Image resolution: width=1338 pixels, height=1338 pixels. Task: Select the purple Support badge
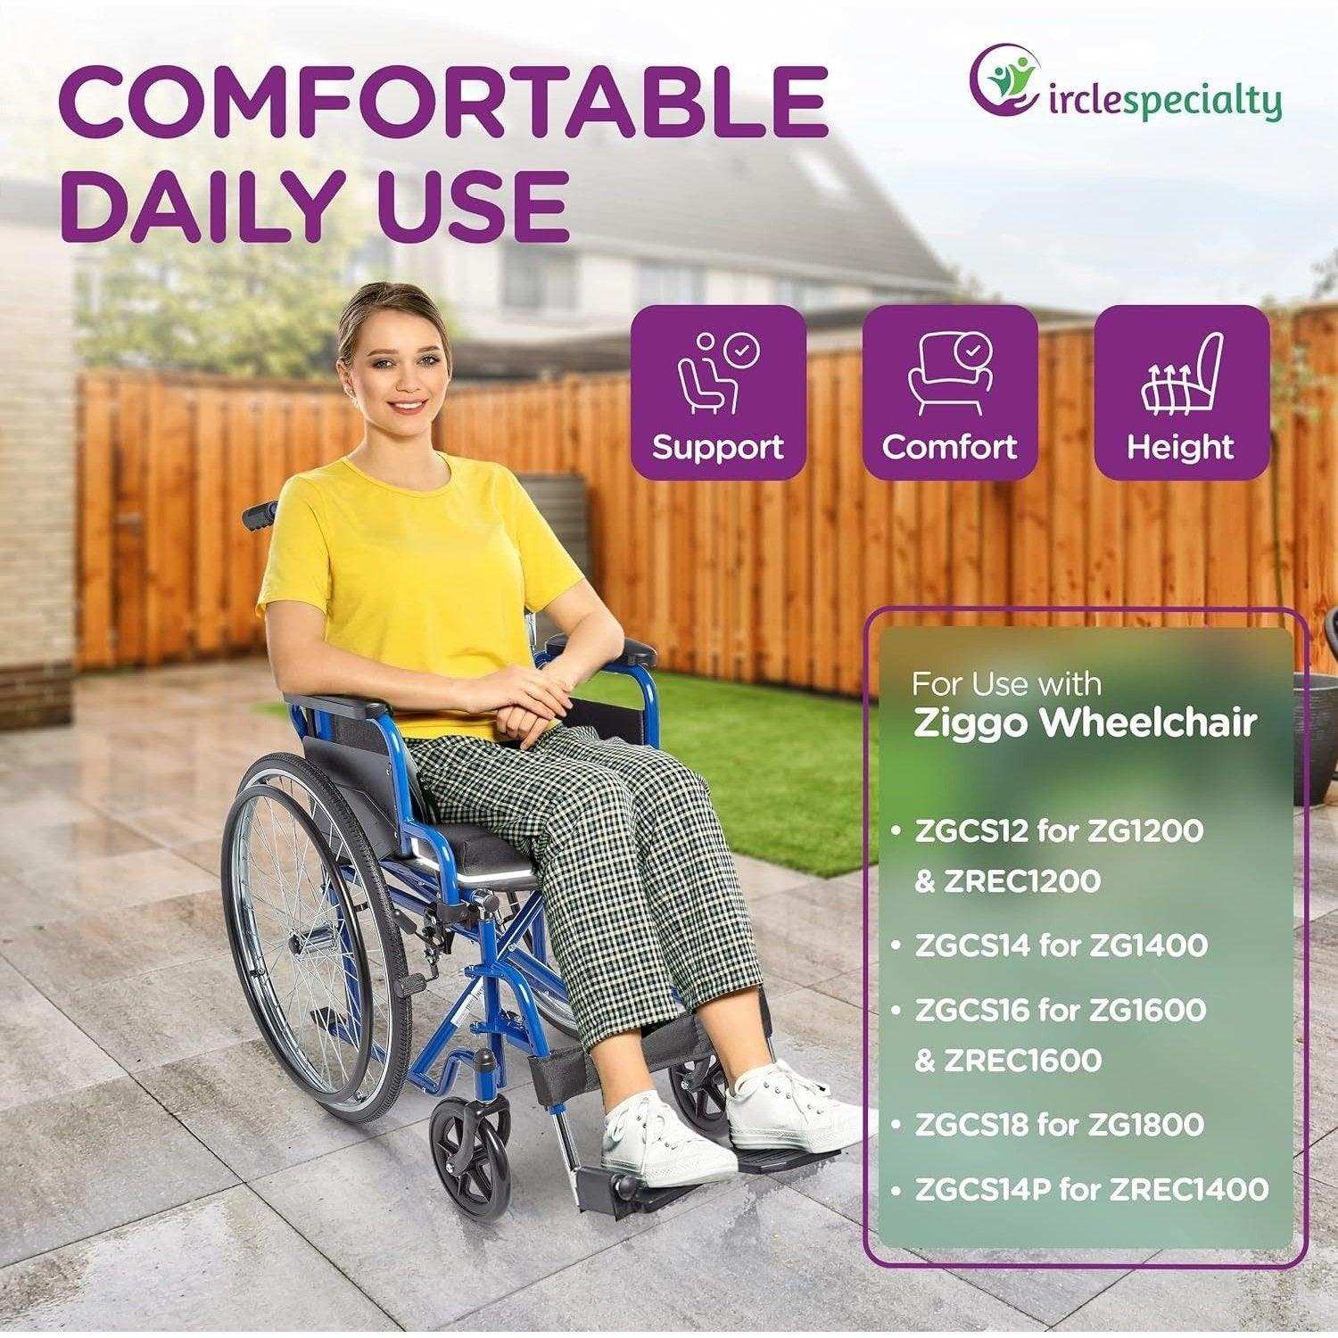(x=718, y=392)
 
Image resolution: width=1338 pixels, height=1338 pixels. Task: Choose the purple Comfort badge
(x=949, y=392)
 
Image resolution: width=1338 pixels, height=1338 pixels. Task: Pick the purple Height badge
(x=1180, y=392)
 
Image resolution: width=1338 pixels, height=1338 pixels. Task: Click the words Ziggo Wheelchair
(x=1085, y=723)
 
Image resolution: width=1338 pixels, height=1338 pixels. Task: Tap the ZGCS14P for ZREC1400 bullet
(x=1091, y=1189)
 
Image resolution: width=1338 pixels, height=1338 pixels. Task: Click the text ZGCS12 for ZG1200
(x=1059, y=830)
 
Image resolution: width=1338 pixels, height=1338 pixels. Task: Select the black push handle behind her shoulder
(x=261, y=513)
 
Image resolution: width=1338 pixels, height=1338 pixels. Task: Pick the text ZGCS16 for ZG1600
(x=1060, y=1010)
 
